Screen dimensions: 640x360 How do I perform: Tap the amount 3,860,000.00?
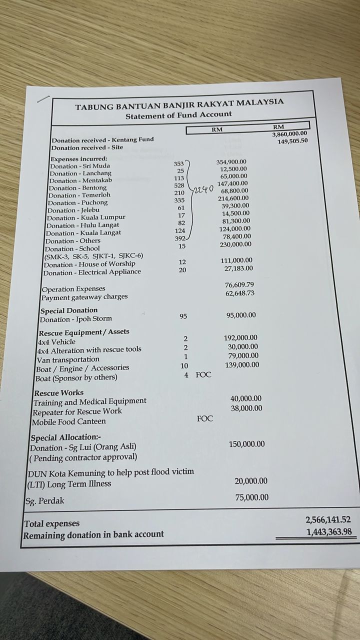[289, 134]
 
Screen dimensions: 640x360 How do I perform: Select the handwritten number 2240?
[204, 189]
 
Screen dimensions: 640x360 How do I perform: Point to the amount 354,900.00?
[231, 162]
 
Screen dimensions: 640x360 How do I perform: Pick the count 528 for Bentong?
[179, 185]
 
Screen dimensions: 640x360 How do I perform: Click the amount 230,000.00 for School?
[235, 244]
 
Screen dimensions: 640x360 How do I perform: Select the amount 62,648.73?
[239, 293]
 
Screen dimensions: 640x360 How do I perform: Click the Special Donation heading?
[69, 310]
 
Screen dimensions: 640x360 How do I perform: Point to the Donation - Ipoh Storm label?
[75, 319]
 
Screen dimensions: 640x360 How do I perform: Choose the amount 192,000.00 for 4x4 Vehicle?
[240, 338]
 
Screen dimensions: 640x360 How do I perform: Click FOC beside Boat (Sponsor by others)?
[203, 374]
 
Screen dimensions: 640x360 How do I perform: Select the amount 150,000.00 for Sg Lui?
[246, 444]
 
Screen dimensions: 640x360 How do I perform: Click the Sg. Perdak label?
[45, 500]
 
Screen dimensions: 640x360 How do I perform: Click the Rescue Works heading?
[58, 393]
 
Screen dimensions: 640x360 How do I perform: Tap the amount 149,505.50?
[292, 141]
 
